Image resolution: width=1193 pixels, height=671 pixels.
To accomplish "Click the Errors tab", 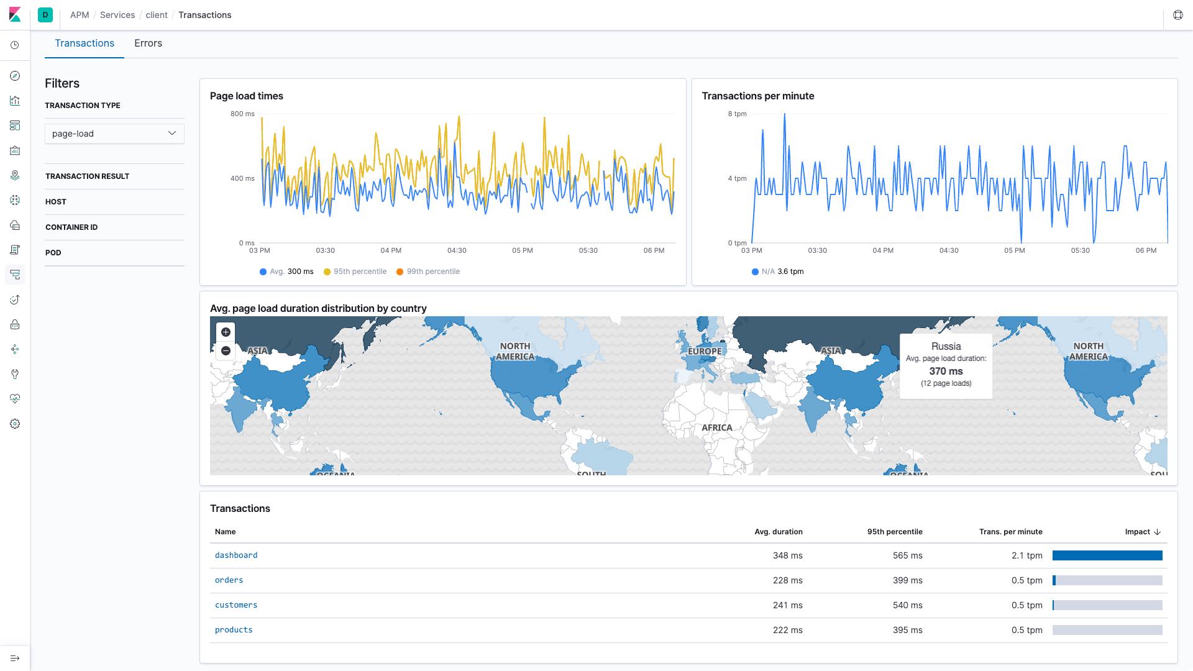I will pyautogui.click(x=148, y=43).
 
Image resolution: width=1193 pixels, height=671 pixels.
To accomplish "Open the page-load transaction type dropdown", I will pyautogui.click(x=114, y=134).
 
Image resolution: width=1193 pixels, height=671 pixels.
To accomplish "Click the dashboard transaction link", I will pyautogui.click(x=236, y=555).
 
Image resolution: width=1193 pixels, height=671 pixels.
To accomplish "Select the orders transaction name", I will pyautogui.click(x=229, y=580).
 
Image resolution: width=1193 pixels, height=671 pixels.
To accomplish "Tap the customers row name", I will pyautogui.click(x=236, y=605).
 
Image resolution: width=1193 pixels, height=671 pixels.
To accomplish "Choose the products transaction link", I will pyautogui.click(x=234, y=630).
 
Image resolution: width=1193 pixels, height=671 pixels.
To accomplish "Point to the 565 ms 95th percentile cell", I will pyautogui.click(x=907, y=555).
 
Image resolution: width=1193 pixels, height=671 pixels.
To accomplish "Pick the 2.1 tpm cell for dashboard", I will pyautogui.click(x=1026, y=555).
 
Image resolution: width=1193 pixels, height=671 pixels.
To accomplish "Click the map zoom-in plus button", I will pyautogui.click(x=226, y=332).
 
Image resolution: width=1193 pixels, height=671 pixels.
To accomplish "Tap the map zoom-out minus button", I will pyautogui.click(x=226, y=351).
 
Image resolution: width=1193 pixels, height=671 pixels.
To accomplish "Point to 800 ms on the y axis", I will pyautogui.click(x=242, y=114).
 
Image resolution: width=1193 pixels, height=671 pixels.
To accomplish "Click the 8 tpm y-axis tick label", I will pyautogui.click(x=738, y=114).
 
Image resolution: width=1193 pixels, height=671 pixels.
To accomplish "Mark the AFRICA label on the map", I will pyautogui.click(x=716, y=427).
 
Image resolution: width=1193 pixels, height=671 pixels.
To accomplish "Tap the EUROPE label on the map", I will pyautogui.click(x=705, y=351).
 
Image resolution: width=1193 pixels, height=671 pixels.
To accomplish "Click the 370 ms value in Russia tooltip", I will pyautogui.click(x=946, y=371).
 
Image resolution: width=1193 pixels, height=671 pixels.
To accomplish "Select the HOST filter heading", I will pyautogui.click(x=56, y=202).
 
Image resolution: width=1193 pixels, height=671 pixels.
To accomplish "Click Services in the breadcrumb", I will pyautogui.click(x=117, y=15).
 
